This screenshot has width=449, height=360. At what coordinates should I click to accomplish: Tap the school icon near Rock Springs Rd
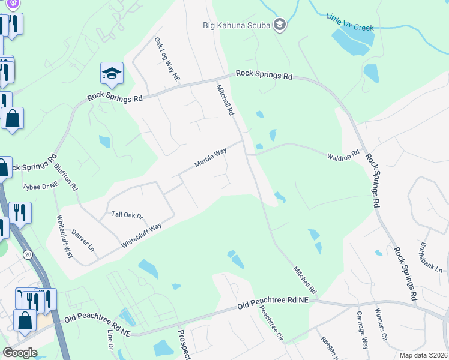[112, 74]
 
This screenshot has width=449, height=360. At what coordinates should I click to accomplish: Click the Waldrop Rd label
[343, 155]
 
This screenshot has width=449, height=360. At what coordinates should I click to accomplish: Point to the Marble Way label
[210, 158]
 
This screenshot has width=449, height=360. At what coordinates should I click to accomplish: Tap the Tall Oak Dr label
[127, 215]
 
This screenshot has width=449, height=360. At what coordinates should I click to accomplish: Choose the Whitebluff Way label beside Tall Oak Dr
[141, 236]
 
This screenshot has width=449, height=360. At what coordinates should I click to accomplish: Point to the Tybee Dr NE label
[40, 186]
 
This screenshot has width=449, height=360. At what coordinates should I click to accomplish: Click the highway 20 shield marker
[28, 255]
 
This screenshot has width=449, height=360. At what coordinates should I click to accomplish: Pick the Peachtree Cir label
[271, 324]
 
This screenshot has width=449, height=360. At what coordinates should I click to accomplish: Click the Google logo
[20, 353]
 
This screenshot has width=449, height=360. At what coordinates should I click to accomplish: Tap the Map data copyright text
[423, 355]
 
